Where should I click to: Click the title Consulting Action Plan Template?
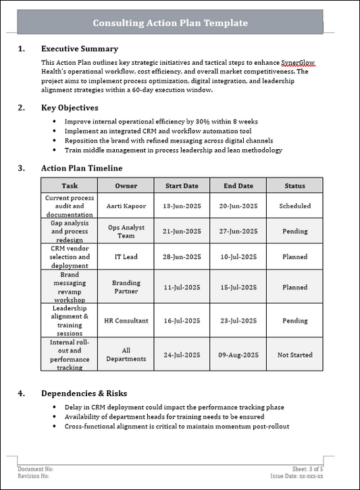170,23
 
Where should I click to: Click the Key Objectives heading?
70,108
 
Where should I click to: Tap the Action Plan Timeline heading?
82,168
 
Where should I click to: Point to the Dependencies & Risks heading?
84,393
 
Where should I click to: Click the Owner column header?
126,186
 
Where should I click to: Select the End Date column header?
238,186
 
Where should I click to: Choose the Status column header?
294,186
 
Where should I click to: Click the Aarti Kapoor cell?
126,206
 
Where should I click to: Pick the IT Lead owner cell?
126,256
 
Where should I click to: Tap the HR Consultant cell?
126,321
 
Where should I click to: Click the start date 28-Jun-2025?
182,256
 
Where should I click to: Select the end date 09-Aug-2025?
238,354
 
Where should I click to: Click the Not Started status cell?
294,354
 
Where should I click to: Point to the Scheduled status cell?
294,206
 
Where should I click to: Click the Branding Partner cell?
126,287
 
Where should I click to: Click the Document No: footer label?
35,468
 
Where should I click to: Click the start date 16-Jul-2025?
182,321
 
